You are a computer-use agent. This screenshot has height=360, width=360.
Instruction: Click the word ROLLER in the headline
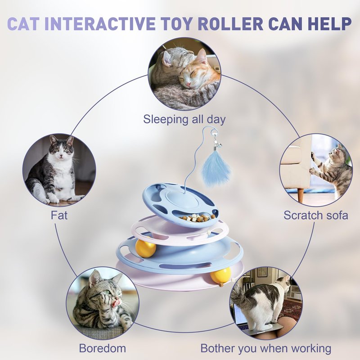230,23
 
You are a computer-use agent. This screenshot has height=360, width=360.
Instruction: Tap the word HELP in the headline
329,23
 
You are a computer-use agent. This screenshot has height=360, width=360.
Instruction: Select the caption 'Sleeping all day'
184,120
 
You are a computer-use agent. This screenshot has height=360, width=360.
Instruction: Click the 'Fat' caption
59,216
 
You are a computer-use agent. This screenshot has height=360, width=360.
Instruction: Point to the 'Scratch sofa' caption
316,216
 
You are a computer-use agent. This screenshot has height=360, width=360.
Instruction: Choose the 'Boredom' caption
103,348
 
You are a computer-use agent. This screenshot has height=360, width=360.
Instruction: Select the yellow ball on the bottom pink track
220,275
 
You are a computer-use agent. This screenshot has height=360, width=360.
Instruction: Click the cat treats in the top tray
197,218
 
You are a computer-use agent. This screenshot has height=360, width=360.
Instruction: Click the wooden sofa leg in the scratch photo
301,195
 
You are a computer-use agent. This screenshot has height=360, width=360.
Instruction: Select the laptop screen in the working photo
239,315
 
